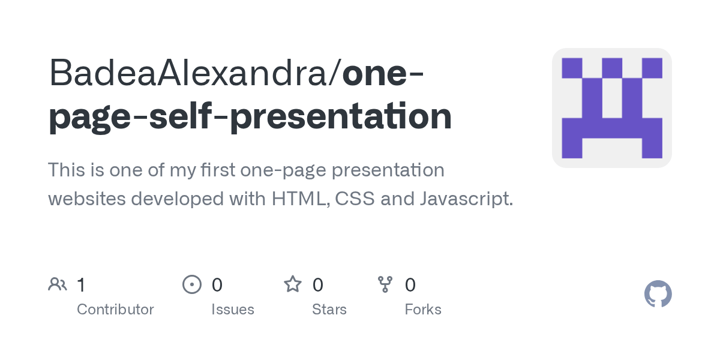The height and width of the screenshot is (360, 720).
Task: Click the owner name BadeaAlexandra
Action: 191,74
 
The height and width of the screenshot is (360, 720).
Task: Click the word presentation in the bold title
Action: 341,117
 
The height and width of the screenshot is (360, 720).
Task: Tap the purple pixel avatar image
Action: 611,108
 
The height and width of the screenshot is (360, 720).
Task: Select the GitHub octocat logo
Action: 658,294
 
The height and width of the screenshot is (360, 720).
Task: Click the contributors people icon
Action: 58,284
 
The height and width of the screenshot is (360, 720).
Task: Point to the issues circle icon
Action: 191,284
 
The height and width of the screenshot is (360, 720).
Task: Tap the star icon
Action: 293,284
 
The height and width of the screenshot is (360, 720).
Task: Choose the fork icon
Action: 385,284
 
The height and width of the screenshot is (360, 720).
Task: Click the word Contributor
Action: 115,310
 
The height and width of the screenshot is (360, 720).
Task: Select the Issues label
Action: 233,310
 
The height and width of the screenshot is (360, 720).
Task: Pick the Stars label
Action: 329,310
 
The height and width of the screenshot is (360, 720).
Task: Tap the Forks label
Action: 423,310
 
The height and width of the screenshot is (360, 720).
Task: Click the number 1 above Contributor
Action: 81,284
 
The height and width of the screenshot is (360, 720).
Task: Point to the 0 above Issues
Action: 217,284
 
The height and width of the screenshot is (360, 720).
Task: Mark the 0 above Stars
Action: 318,284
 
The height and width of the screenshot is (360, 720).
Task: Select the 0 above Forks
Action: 410,284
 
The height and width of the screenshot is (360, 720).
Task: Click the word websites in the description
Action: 86,199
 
